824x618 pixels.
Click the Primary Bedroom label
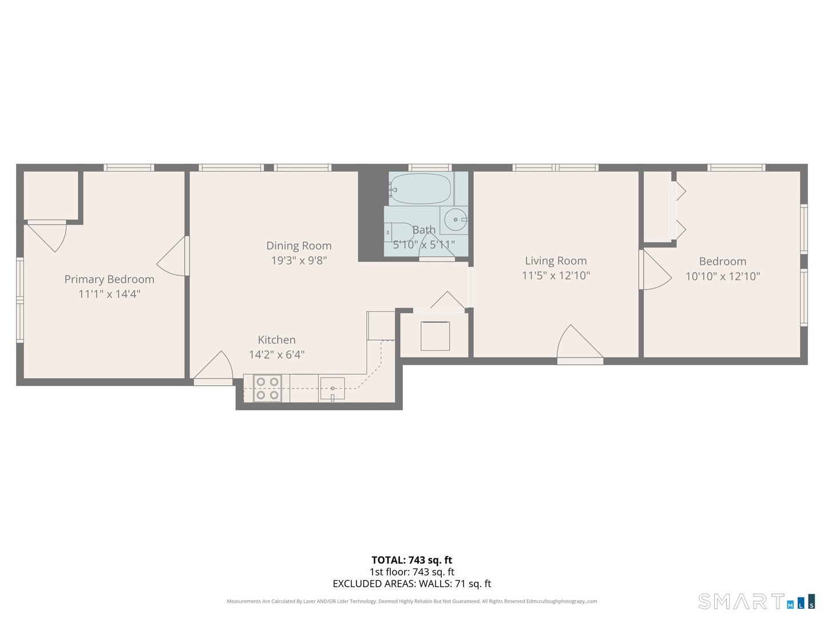(x=109, y=279)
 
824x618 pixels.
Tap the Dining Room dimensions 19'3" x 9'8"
(x=299, y=260)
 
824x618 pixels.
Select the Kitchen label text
(x=276, y=339)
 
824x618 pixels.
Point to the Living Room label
(x=556, y=261)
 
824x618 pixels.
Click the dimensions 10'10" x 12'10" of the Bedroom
(x=723, y=276)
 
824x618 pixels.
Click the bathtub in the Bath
(x=421, y=188)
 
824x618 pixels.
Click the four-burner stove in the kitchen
(x=267, y=388)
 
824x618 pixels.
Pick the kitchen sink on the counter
(x=332, y=389)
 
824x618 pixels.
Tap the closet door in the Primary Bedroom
(x=49, y=235)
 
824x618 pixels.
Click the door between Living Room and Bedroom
(x=655, y=270)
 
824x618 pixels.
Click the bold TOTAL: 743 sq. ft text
(x=411, y=560)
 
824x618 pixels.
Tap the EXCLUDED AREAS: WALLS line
(x=411, y=584)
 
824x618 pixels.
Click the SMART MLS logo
(x=756, y=601)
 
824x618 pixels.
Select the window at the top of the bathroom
(x=430, y=168)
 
